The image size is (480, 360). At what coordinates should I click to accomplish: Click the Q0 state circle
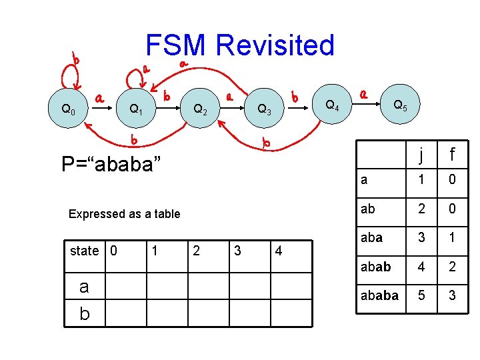(69, 107)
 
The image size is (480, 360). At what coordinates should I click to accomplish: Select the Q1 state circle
(137, 108)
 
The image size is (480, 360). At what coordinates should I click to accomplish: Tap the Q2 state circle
(200, 108)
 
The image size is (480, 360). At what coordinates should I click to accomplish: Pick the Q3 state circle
(264, 108)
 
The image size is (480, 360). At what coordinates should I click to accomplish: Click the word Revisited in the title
(275, 45)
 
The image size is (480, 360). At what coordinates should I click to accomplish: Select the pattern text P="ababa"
(111, 164)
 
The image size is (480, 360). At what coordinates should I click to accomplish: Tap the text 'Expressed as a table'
(125, 214)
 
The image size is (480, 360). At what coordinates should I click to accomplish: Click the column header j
(421, 155)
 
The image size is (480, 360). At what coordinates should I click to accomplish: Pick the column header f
(452, 155)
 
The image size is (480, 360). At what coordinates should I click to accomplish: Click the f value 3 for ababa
(452, 295)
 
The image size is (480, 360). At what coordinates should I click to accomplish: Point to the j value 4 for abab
(421, 266)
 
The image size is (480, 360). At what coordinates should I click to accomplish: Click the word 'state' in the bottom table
(84, 251)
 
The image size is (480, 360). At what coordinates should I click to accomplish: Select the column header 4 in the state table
(279, 251)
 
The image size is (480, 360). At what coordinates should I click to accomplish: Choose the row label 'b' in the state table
(84, 313)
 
